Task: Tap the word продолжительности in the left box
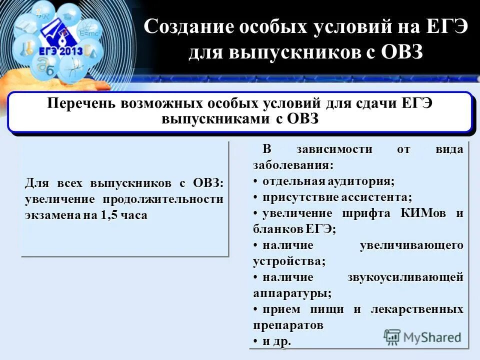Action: coord(163,199)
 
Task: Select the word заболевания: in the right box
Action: coord(293,164)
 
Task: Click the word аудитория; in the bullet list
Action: coord(362,180)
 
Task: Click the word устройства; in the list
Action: coord(289,261)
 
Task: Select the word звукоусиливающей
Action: coord(405,277)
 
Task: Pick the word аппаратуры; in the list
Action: coord(292,293)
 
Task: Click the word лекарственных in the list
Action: coord(417,309)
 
